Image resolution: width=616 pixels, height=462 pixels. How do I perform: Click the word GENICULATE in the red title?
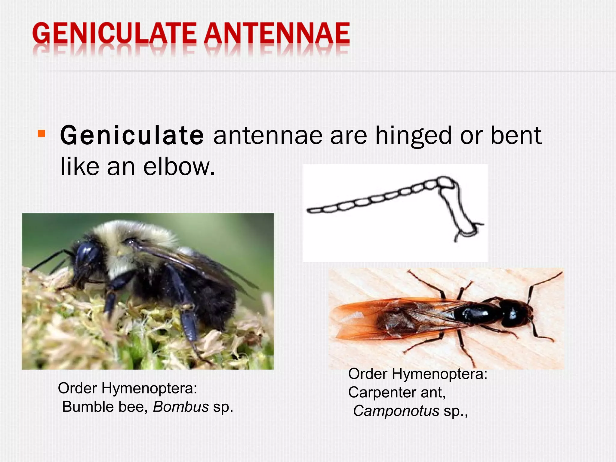pos(114,34)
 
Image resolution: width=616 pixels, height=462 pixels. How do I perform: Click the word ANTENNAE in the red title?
pos(277,34)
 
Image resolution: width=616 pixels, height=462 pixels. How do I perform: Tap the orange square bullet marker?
pos(42,134)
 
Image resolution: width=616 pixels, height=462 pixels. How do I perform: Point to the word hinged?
pos(413,136)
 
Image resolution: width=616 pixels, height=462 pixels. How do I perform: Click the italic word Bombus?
pos(181,407)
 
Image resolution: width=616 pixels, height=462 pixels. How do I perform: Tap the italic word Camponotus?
pos(396,411)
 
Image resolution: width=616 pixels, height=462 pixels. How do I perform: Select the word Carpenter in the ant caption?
pos(382,392)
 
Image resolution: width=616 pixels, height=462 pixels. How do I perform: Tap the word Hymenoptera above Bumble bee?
pos(149,388)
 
